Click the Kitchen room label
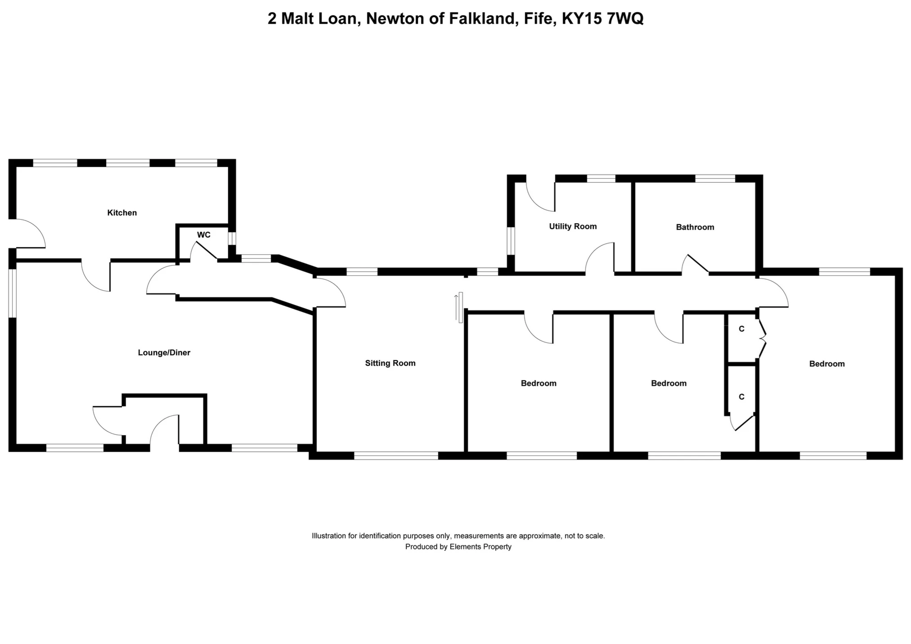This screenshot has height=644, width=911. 122,213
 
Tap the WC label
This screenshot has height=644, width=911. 204,235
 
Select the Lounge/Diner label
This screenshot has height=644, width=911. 164,353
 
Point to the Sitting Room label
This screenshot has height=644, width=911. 390,363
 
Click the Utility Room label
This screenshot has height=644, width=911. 573,226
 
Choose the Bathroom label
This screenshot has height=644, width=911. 695,227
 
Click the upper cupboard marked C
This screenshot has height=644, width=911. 741,329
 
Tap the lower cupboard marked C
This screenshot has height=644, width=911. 741,396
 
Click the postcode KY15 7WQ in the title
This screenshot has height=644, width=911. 603,18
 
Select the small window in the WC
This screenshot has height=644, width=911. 232,239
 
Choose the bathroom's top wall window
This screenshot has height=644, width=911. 715,179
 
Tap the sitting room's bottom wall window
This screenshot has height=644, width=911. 396,456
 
